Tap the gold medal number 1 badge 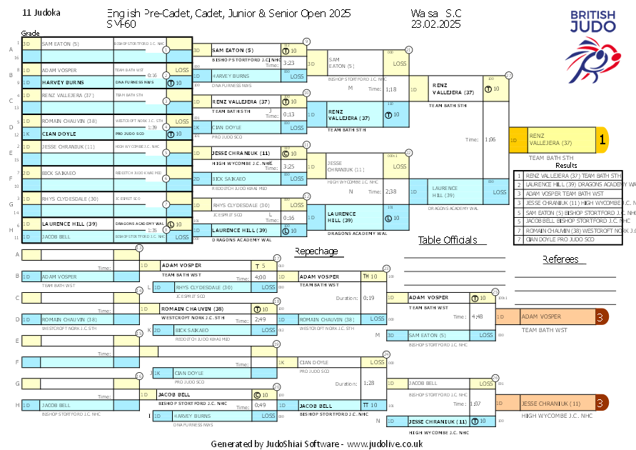[x=602, y=141]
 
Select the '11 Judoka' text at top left [x=41, y=13]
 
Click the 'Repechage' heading [x=316, y=251]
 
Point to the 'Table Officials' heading [x=448, y=240]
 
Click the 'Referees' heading [x=560, y=259]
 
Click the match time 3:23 [x=289, y=63]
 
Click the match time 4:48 [x=477, y=316]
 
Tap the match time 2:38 [x=390, y=191]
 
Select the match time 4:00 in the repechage [x=260, y=276]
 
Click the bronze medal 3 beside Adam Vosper [x=602, y=316]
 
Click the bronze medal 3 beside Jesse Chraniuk [x=602, y=404]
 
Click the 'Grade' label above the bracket [x=30, y=34]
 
